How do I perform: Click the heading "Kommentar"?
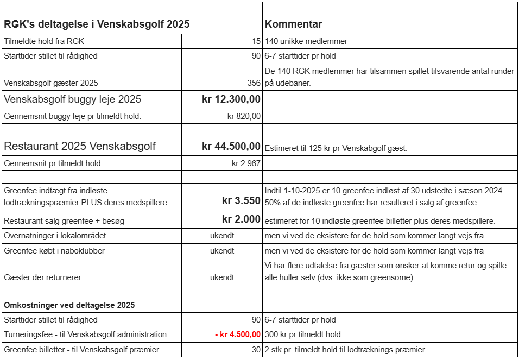[293, 24]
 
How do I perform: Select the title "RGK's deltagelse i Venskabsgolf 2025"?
[97, 24]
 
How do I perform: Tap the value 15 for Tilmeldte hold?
[256, 41]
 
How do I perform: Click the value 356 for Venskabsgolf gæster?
[254, 83]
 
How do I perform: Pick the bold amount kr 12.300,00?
[231, 99]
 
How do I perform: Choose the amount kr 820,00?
[244, 116]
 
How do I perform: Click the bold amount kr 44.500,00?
[231, 146]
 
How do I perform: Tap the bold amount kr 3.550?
[241, 200]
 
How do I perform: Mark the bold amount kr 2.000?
[241, 219]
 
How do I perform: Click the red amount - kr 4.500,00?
[238, 334]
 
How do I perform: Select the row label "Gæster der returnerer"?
[42, 277]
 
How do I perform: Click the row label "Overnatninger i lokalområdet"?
[55, 236]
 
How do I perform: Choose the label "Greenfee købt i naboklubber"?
[54, 251]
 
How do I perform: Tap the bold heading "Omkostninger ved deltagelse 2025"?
[69, 305]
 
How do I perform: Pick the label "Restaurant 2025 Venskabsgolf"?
[80, 146]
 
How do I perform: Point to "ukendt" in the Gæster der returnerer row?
[222, 277]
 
